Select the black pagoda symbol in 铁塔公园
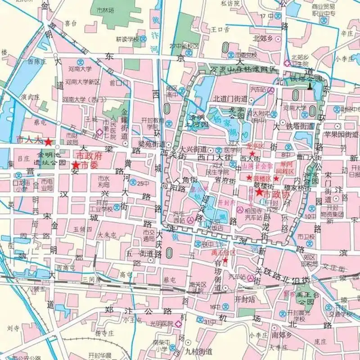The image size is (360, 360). coord(310,85)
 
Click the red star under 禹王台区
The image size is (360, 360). coord(225,261)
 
